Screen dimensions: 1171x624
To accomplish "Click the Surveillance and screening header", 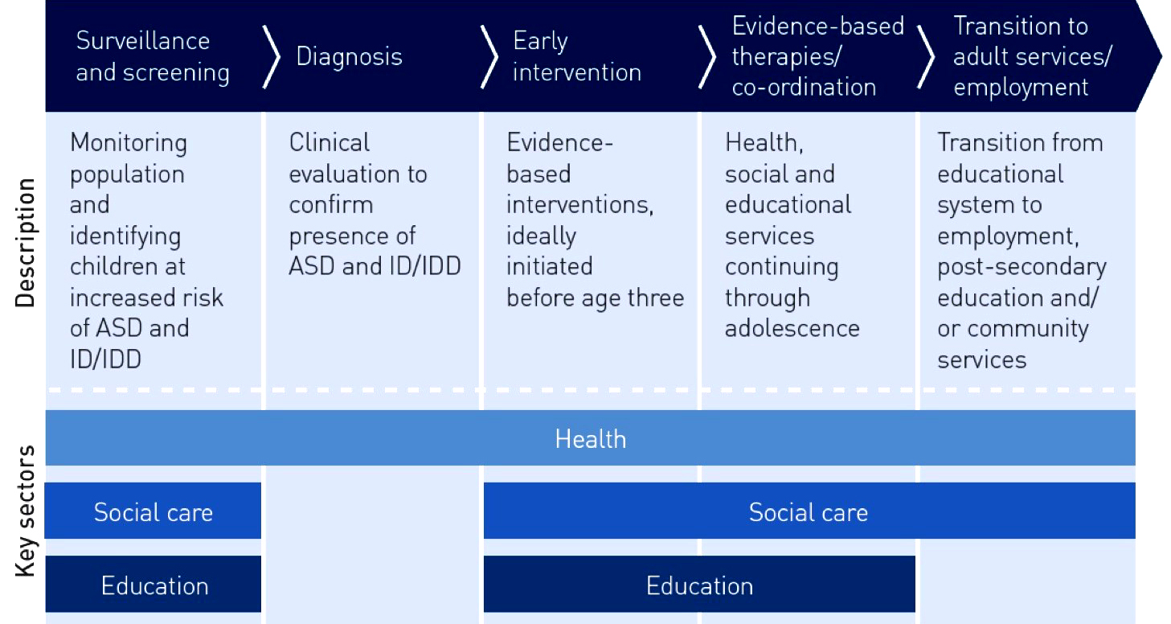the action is [x=153, y=56].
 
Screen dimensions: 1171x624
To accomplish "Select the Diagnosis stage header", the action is [x=349, y=56].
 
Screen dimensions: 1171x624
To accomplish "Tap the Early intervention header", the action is [x=577, y=56].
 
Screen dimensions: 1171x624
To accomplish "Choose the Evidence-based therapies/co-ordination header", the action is [x=818, y=56].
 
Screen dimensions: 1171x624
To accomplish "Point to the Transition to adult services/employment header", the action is [x=1033, y=56].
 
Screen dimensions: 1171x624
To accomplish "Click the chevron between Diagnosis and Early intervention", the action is [x=489, y=56].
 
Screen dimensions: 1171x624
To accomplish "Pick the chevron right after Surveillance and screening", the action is [x=272, y=56].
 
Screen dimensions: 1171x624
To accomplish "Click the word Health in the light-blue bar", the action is [x=591, y=439].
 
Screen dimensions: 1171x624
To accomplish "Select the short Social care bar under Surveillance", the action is [x=153, y=511].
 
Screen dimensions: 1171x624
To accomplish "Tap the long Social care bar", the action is [x=809, y=511].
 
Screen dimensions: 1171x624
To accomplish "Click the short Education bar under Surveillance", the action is [x=154, y=584].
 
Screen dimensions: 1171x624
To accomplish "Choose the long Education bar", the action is [x=699, y=584].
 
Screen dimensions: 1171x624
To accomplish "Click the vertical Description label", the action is [x=25, y=243].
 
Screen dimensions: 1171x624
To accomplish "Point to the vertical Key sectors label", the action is [x=25, y=511].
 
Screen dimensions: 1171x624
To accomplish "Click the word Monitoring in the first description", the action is [x=129, y=143].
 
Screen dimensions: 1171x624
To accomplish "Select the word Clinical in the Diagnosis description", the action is [x=330, y=142].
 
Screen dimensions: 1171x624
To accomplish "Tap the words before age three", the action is [x=596, y=298].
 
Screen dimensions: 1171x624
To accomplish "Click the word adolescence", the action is [x=792, y=328].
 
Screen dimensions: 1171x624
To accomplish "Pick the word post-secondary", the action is [x=1022, y=267].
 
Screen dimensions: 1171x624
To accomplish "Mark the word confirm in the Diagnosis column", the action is [x=331, y=204].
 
